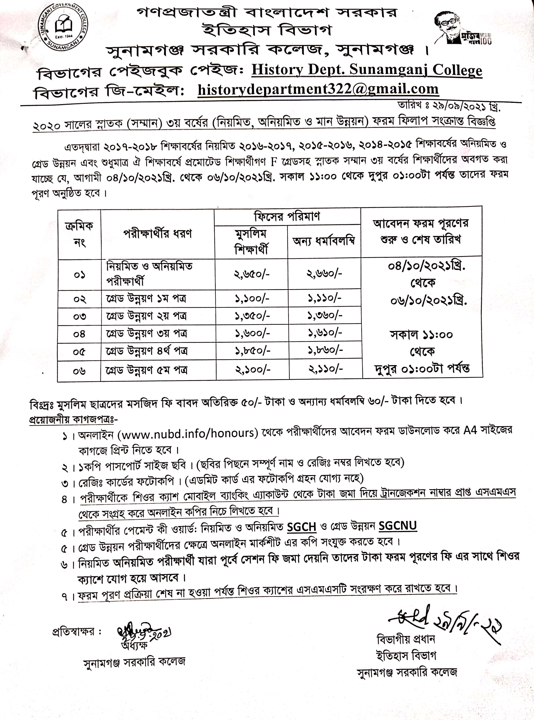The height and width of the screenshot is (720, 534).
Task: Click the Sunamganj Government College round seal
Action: pos(63,27)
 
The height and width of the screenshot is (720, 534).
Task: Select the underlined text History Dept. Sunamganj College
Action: pos(367,70)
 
